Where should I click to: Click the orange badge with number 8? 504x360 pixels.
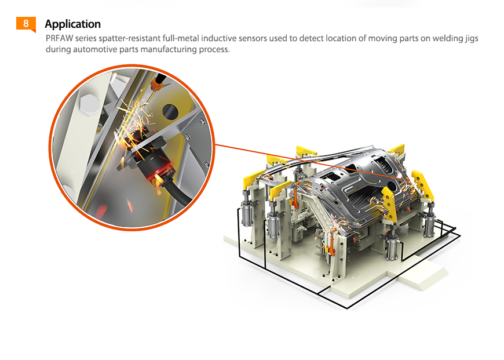(25, 24)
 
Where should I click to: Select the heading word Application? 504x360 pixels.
(72, 24)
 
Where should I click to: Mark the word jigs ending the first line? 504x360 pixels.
(472, 39)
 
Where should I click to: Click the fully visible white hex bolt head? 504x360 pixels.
(89, 104)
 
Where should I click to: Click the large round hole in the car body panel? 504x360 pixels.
(392, 186)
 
